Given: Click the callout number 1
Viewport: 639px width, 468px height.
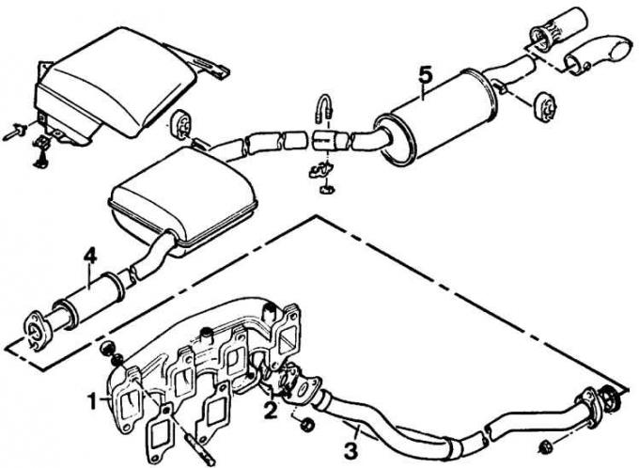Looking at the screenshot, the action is click(x=94, y=401).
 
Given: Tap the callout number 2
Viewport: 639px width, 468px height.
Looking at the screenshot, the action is click(x=271, y=410).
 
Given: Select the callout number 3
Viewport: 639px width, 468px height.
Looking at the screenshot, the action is click(x=351, y=451).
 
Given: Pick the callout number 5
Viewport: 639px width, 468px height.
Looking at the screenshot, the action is click(x=425, y=74).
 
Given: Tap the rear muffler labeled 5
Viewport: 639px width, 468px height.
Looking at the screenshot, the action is click(x=436, y=117).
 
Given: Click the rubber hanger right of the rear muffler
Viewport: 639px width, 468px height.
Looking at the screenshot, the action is click(x=545, y=106).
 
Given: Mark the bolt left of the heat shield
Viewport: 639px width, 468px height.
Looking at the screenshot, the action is click(x=15, y=133).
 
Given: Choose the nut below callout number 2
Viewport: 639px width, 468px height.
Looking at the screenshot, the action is click(x=307, y=425).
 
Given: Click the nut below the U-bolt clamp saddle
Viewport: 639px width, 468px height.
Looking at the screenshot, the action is click(x=326, y=190).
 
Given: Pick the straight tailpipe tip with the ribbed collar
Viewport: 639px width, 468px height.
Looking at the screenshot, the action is click(x=558, y=31).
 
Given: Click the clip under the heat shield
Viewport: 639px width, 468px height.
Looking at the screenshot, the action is click(x=42, y=150).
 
